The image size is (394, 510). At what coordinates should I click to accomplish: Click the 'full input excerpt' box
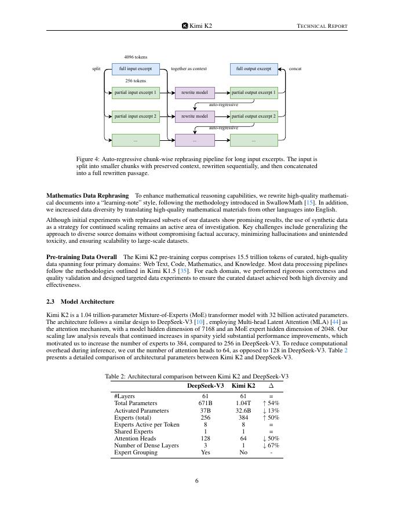(136, 69)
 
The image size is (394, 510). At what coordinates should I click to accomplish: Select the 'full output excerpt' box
(254, 69)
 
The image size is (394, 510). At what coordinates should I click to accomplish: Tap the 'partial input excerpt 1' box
(136, 93)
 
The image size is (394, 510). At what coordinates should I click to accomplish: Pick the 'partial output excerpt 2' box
(254, 116)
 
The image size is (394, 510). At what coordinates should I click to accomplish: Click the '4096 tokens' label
(136, 57)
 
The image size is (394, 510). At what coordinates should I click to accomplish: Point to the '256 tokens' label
(136, 81)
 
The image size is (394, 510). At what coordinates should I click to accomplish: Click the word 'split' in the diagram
(96, 69)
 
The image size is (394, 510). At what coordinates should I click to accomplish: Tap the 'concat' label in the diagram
(295, 69)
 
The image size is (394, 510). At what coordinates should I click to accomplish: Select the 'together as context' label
(189, 69)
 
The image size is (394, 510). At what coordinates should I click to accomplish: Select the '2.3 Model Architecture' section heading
(80, 302)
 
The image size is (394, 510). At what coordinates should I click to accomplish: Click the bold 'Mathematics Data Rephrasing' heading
(87, 196)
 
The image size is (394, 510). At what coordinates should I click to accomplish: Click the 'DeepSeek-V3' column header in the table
(205, 385)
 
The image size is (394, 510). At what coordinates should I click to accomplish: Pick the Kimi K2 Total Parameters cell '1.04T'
(243, 403)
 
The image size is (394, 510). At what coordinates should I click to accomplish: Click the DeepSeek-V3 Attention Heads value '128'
(205, 439)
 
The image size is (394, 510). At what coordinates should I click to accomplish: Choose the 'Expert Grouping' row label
(136, 453)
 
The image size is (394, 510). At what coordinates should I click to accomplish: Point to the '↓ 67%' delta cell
(271, 446)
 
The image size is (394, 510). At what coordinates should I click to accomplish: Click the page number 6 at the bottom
(197, 481)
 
